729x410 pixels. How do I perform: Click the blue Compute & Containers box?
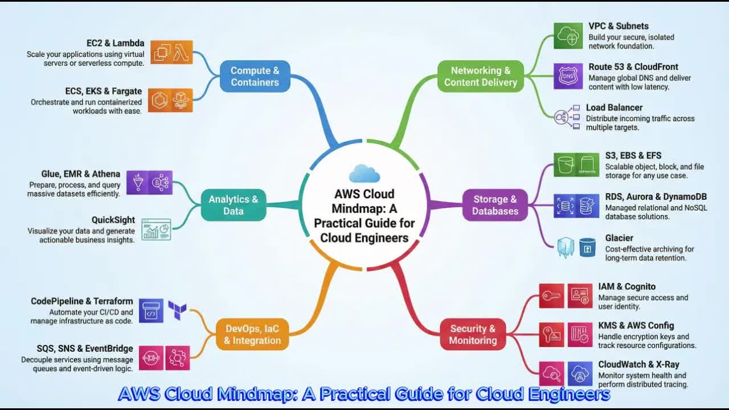click(255, 76)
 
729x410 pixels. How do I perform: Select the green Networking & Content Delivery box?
click(480, 76)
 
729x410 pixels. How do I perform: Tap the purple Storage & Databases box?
click(495, 205)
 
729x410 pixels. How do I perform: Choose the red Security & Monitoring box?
click(473, 334)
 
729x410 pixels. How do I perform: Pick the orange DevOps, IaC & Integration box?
click(252, 334)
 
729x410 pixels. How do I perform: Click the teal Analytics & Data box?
click(233, 205)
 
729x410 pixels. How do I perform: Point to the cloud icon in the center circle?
click(364, 173)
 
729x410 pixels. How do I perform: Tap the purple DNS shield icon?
click(568, 76)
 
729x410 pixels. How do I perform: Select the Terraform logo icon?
click(177, 310)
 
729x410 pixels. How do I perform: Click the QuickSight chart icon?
click(156, 229)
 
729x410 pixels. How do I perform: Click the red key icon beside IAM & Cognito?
click(551, 296)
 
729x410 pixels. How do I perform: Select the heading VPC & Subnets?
click(619, 26)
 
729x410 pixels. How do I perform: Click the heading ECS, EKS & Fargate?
click(104, 91)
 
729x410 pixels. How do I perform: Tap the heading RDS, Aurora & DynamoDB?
click(656, 197)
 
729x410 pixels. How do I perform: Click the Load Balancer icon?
click(567, 117)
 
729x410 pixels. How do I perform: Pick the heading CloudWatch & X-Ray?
click(638, 364)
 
